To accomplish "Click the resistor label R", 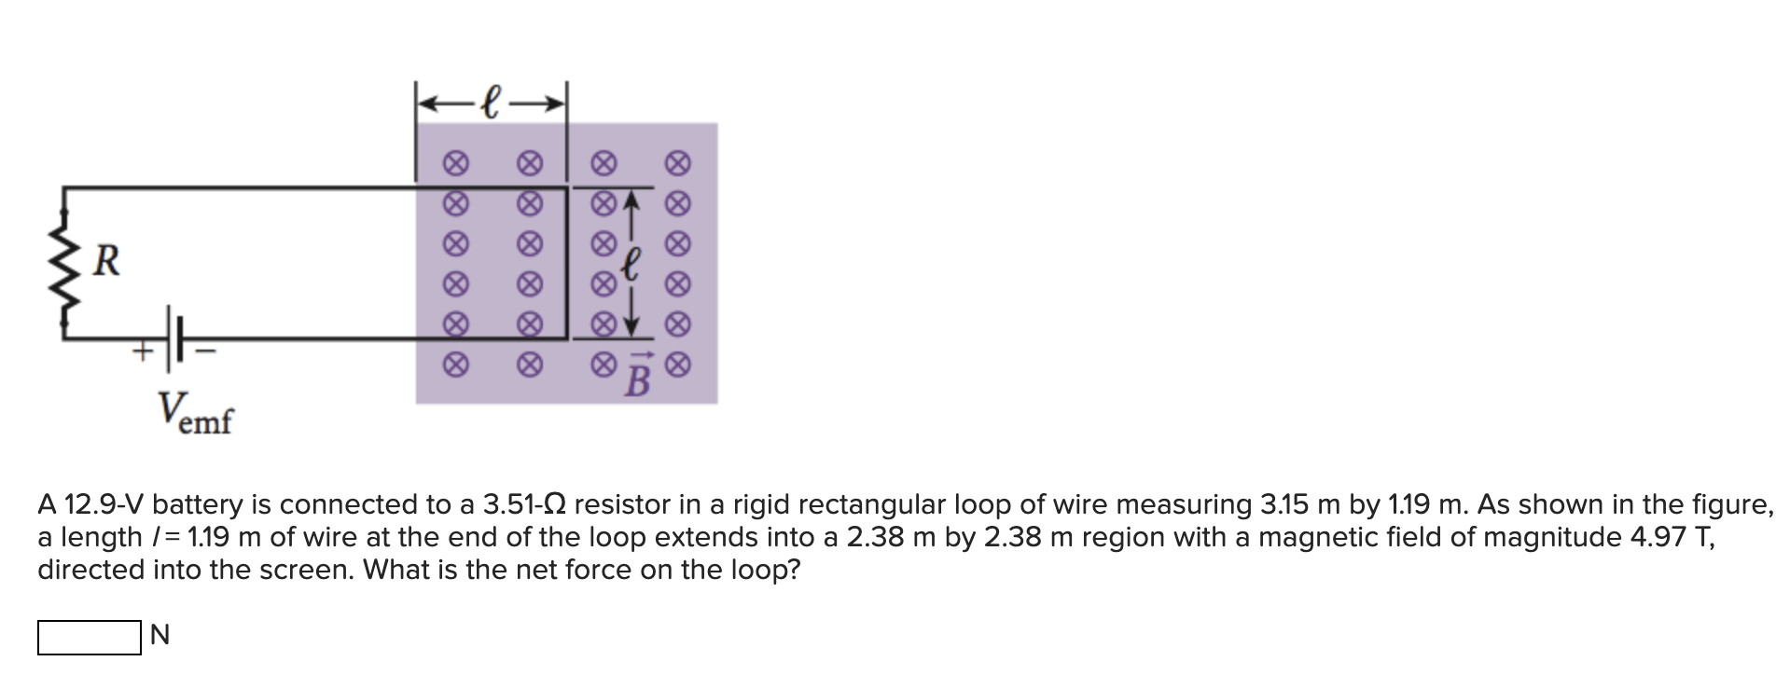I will coord(107,262).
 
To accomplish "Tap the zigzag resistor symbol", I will coord(64,262).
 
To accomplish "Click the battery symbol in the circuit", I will coord(175,338).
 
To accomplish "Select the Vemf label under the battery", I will coord(194,412).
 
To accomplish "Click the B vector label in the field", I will coord(637,378).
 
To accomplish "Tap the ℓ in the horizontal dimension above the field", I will coord(492,101).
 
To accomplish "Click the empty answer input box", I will coord(89,638).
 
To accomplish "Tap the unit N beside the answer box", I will coord(160,637).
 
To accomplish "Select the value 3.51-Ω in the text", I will coord(523,505).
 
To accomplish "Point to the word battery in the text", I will coord(198,505).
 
